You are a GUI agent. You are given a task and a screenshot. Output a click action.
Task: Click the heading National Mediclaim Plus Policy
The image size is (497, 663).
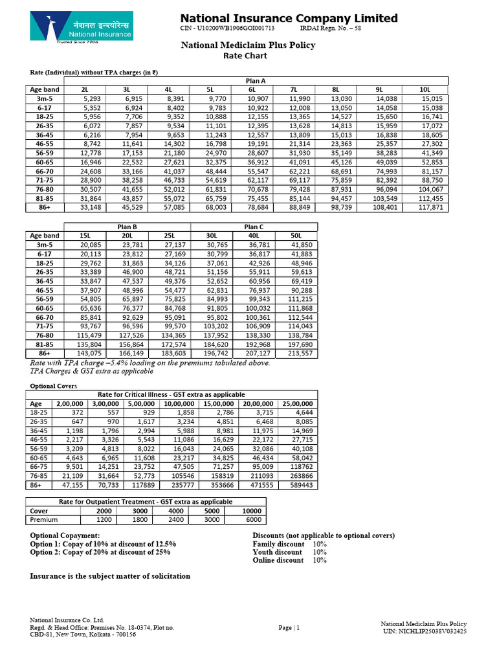pyautogui.click(x=247, y=45)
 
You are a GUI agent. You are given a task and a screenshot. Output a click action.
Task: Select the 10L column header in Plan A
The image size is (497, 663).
pyautogui.click(x=425, y=89)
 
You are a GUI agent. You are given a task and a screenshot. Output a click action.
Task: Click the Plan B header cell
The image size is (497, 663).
pyautogui.click(x=126, y=227)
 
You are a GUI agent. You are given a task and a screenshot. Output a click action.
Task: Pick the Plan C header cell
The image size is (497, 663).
pyautogui.click(x=254, y=227)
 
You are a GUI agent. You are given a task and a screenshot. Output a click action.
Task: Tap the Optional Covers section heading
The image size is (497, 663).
pyautogui.click(x=54, y=386)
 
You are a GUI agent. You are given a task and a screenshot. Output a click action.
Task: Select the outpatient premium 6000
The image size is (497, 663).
pyautogui.click(x=252, y=519)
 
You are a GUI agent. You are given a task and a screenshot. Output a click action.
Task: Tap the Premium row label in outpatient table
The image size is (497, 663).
pyautogui.click(x=44, y=519)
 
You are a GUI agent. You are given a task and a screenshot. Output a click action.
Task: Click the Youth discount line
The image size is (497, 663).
pyautogui.click(x=289, y=552)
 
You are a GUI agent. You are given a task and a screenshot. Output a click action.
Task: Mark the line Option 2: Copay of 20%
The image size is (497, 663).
pyautogui.click(x=100, y=552)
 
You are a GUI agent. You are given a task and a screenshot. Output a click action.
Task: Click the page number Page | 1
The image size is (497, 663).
pyautogui.click(x=289, y=627)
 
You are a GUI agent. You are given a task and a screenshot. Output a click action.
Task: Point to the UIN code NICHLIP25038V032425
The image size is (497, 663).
pyautogui.click(x=425, y=631)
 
